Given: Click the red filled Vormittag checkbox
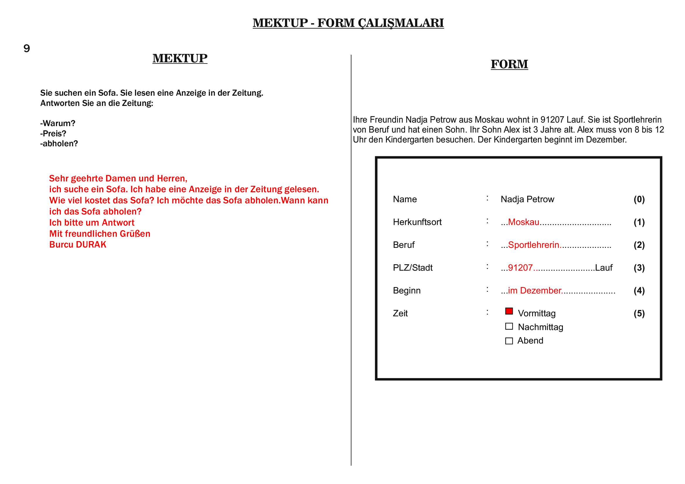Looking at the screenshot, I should pos(509,311).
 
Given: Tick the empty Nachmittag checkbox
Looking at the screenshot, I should pos(509,326).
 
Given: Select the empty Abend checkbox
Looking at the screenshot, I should pos(509,341).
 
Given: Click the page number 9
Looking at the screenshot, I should pos(27,48).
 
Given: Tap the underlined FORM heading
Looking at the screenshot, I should pos(509,64).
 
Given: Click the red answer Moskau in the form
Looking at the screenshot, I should pos(524,222).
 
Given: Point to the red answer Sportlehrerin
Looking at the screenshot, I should pos(533,245).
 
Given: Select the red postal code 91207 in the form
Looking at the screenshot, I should pos(520,268).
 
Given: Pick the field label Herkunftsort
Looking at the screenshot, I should pos(417,222).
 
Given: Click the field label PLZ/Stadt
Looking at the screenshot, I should pos(413,268).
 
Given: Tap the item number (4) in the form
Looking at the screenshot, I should pos(639,291).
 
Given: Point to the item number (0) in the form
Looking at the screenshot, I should pos(639,199).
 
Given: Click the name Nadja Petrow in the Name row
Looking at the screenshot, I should pos(527,199).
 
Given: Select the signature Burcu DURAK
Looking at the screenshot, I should pos(78,245).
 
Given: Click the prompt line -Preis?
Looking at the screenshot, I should pos(53,133).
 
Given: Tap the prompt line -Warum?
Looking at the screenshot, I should pos(58,123).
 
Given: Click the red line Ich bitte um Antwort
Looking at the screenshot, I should pos(92,223).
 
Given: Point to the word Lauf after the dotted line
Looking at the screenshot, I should pos(604,268).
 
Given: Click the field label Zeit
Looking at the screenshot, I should pos(400,313).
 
